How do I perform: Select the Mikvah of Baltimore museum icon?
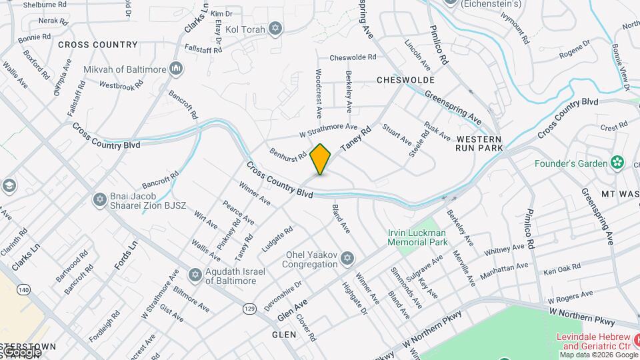coord(176,68)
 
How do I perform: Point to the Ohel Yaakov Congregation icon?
coord(346,258)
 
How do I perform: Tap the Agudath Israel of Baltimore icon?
coord(195,275)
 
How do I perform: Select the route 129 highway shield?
coord(250,309)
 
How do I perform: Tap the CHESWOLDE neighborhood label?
coord(405,80)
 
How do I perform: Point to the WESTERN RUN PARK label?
coord(479,143)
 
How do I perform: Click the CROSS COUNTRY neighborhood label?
coord(97,45)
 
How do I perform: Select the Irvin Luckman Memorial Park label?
coord(418,238)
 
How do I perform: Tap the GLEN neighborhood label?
coord(283,334)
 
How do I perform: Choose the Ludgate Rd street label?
coord(277,239)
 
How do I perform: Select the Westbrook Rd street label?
coord(121,85)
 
